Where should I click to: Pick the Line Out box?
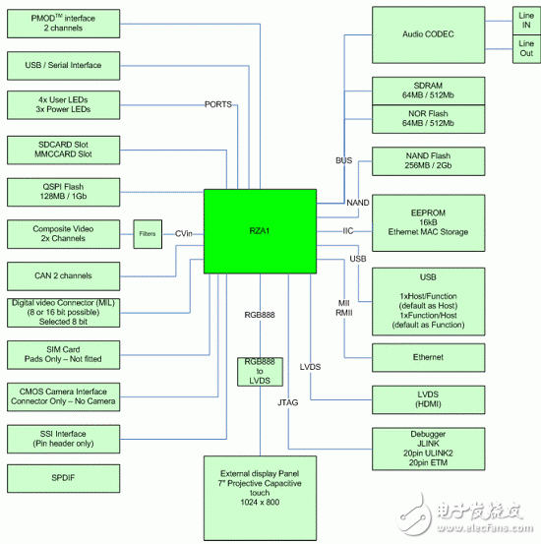click(x=525, y=50)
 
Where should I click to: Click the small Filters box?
click(x=147, y=233)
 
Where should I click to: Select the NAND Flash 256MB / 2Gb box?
click(x=427, y=161)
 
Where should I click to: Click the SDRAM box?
click(x=427, y=91)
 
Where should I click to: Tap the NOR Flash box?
click(x=427, y=119)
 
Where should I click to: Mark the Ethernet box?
click(x=427, y=357)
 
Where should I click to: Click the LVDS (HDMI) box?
click(x=427, y=399)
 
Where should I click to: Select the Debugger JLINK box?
click(x=427, y=449)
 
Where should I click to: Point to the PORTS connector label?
click(x=219, y=103)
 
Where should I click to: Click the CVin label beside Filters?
click(x=183, y=233)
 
